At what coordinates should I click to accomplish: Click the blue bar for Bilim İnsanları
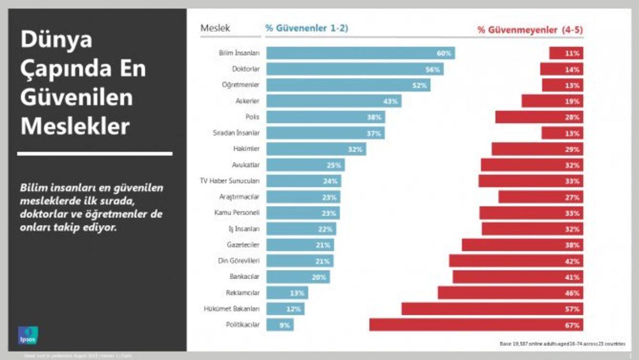coord(360,53)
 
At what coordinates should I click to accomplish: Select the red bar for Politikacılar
coord(476,325)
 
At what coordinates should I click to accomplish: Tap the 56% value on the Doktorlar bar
coord(430,69)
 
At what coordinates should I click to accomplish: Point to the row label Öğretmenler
coord(240,85)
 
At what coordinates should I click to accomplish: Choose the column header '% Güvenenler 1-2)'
coord(307,29)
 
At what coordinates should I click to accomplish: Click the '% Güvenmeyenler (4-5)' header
coord(530,30)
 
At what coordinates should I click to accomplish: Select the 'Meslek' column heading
coord(215,29)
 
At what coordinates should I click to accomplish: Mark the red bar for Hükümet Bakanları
coord(492,309)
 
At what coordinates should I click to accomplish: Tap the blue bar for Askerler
coord(333,101)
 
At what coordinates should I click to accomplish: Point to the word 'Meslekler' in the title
coord(75,127)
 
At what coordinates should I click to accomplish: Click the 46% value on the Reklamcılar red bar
coord(573,293)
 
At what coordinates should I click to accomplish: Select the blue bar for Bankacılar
coord(298,277)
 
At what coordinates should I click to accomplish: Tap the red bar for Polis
coord(539,117)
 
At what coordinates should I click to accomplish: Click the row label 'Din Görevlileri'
coord(240,261)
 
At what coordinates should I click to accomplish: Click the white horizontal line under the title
coord(95,153)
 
